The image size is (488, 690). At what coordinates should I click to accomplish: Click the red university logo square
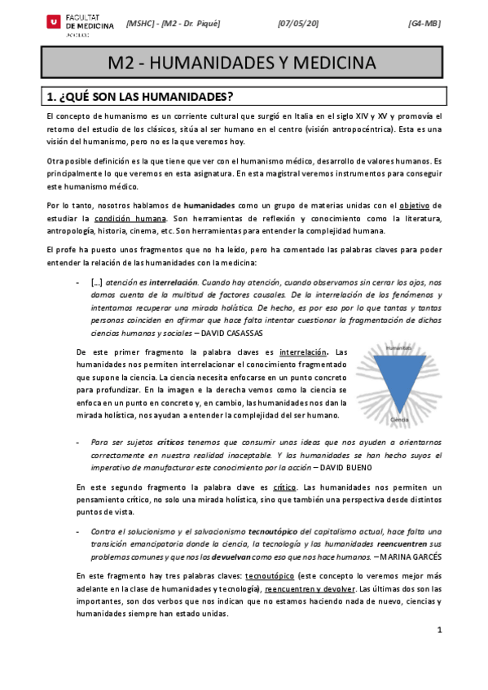(54, 23)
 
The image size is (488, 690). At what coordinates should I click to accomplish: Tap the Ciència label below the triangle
(398, 420)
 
